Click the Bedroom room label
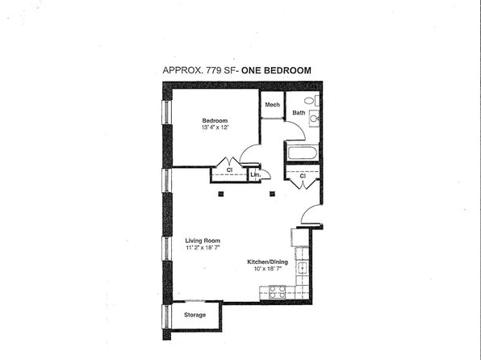[215, 120]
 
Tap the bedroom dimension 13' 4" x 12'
[215, 128]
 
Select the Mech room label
[273, 105]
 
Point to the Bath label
[299, 113]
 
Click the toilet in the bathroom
[312, 100]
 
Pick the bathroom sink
[314, 118]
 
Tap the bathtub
[303, 153]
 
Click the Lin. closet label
[255, 174]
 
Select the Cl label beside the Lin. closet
[229, 170]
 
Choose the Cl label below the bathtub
[303, 176]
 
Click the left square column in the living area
[221, 194]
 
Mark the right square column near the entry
[272, 194]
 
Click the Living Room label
[203, 241]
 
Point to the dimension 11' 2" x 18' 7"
[203, 248]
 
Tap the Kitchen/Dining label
[267, 262]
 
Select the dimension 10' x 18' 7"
[268, 269]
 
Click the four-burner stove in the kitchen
[278, 292]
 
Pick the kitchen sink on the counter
[303, 268]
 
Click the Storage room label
[194, 315]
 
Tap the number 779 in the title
[214, 70]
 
